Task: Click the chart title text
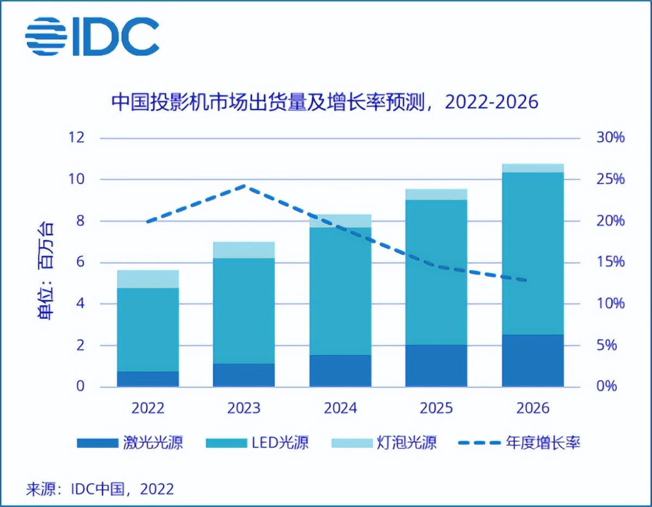(x=324, y=102)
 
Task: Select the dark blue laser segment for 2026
(x=532, y=361)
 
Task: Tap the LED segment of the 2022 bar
(x=148, y=330)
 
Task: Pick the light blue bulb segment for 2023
(x=244, y=250)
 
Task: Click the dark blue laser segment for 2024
(x=340, y=371)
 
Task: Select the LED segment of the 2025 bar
(x=436, y=272)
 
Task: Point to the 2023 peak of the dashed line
(x=244, y=186)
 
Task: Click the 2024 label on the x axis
(x=340, y=408)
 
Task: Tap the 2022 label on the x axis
(x=148, y=408)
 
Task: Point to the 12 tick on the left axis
(x=78, y=138)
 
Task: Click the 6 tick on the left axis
(x=81, y=262)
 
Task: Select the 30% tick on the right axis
(x=610, y=138)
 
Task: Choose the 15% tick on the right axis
(x=610, y=262)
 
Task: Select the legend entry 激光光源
(x=130, y=443)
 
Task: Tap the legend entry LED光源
(x=258, y=443)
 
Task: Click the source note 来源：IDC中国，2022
(x=100, y=489)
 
